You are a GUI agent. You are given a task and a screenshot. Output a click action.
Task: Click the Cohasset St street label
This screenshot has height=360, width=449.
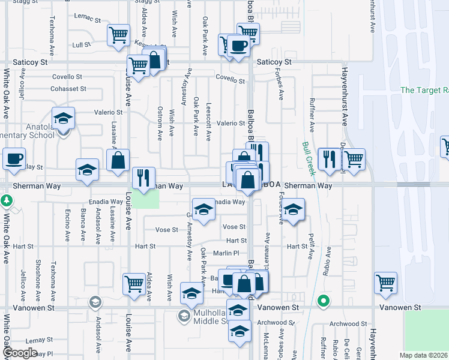(68, 88)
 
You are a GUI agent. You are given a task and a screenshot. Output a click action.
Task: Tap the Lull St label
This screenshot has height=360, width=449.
(81, 44)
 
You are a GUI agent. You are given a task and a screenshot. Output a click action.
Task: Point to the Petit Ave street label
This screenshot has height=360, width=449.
(310, 247)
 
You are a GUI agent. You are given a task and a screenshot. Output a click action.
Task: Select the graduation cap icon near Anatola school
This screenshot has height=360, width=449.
(62, 118)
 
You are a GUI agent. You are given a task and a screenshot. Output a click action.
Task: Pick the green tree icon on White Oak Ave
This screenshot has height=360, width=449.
(7, 200)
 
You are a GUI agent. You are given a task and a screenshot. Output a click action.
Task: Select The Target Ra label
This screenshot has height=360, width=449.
(424, 90)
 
